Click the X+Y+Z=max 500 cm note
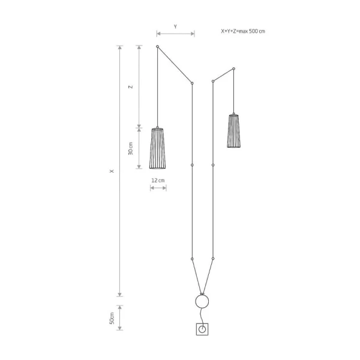pyautogui.click(x=243, y=31)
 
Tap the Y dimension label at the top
pyautogui.click(x=175, y=26)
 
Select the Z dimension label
pyautogui.click(x=131, y=87)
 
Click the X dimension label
pyautogui.click(x=112, y=171)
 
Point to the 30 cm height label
pyautogui.click(x=130, y=149)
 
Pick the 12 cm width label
pyautogui.click(x=158, y=181)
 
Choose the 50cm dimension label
pyautogui.click(x=112, y=318)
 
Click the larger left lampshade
pyautogui.click(x=157, y=148)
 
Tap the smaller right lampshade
pyautogui.click(x=234, y=131)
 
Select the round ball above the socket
pyautogui.click(x=202, y=301)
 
